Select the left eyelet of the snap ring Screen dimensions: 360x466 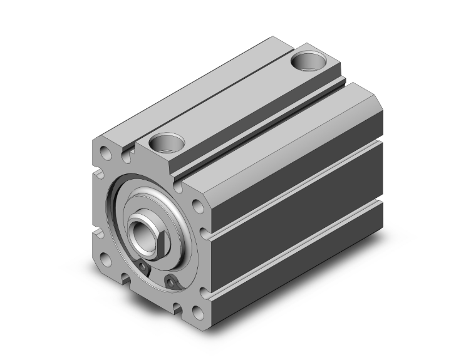click(145, 270)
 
